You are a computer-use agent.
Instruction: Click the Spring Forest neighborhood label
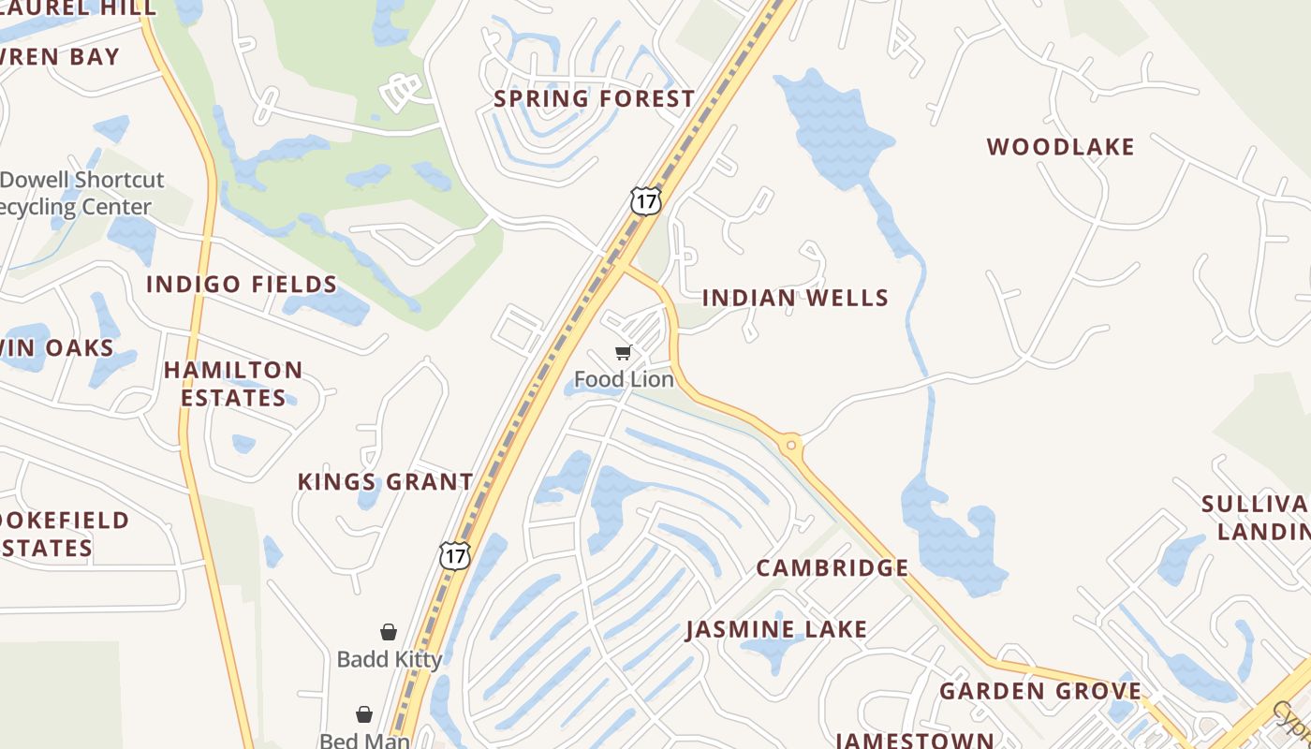(594, 98)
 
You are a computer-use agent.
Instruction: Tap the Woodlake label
(1060, 147)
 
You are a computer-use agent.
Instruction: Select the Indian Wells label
(795, 298)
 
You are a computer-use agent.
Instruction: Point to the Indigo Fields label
(242, 284)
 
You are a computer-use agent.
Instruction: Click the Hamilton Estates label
(233, 384)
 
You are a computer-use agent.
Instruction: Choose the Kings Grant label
(385, 482)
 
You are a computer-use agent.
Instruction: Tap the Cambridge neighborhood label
(832, 568)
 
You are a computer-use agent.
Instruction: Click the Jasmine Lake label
(776, 629)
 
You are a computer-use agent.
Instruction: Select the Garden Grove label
(1040, 692)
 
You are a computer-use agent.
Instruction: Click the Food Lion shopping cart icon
(624, 353)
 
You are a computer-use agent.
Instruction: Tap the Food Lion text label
(624, 379)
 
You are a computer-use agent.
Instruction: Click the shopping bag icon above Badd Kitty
(389, 632)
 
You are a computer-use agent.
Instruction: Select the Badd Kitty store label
(389, 659)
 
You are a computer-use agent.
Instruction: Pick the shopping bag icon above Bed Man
(364, 714)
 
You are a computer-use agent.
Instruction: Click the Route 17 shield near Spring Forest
(645, 200)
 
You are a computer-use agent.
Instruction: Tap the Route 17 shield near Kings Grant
(454, 554)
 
